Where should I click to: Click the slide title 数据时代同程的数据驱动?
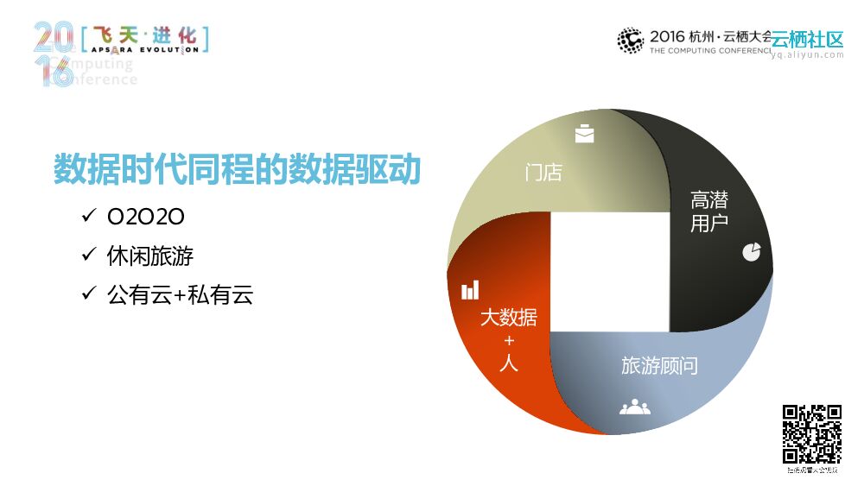(237, 169)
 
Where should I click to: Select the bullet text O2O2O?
(145, 218)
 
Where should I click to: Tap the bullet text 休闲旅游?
(150, 256)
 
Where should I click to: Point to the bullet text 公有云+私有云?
(180, 295)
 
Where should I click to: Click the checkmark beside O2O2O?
(87, 217)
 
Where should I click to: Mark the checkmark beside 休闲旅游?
(87, 256)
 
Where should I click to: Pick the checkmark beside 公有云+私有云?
(87, 294)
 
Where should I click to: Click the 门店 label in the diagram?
(543, 173)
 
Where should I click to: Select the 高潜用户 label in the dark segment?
(709, 212)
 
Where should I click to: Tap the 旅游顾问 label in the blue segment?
(659, 366)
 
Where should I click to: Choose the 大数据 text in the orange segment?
(508, 318)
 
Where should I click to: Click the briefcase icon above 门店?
(585, 134)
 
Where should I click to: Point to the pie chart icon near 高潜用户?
(752, 251)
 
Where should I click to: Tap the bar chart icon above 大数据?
(470, 290)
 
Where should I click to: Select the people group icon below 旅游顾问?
(635, 407)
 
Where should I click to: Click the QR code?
(812, 434)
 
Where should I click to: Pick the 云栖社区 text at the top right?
(807, 39)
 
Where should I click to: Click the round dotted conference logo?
(631, 41)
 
